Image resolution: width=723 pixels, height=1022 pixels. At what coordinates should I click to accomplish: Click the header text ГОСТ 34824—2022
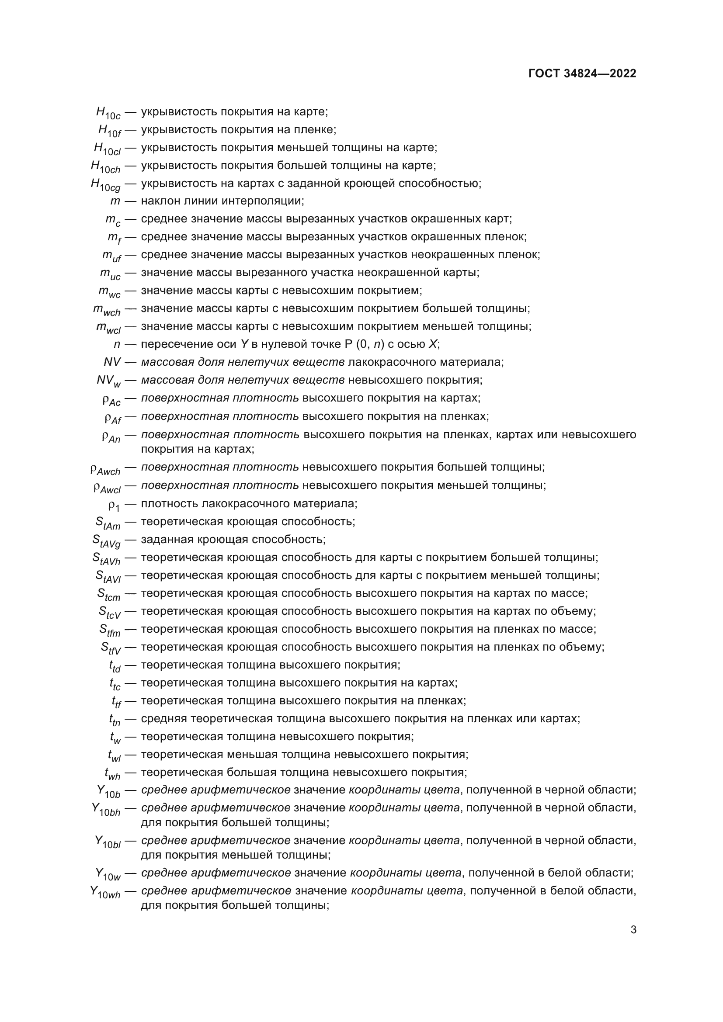(x=582, y=73)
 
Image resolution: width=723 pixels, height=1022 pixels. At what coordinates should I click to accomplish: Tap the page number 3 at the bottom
(x=633, y=930)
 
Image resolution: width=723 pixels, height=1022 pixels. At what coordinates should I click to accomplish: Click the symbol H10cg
(x=105, y=185)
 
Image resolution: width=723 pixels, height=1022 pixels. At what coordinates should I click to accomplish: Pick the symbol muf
(x=111, y=256)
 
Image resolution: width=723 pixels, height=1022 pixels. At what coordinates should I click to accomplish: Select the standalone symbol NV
(x=112, y=362)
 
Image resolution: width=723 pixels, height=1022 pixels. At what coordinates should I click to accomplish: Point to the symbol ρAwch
(x=105, y=469)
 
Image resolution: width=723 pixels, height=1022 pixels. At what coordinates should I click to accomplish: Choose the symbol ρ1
(x=114, y=505)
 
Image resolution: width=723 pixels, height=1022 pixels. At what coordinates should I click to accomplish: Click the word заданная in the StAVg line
(x=163, y=540)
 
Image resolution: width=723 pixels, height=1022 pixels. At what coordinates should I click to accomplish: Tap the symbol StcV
(x=110, y=613)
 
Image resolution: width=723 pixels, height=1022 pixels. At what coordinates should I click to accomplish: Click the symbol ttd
(x=115, y=666)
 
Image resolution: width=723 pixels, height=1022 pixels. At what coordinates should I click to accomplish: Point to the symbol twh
(x=112, y=774)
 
